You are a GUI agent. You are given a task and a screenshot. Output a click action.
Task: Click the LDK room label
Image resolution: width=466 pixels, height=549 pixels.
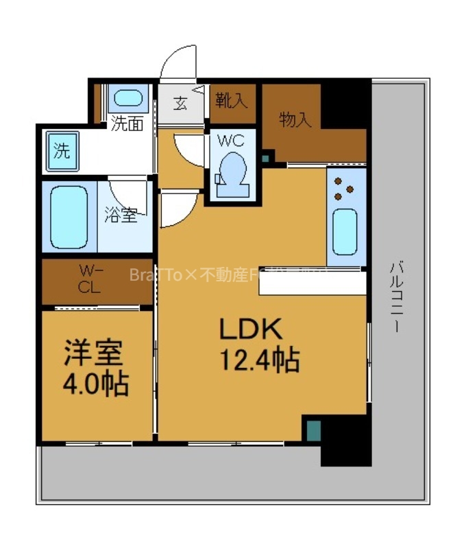tap(251, 330)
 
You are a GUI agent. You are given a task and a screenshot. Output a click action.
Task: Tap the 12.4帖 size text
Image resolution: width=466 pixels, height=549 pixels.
tap(259, 358)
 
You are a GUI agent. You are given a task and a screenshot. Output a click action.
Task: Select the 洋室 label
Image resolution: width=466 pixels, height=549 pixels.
tap(93, 354)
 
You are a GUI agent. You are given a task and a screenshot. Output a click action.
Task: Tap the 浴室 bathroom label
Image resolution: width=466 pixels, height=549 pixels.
tap(121, 215)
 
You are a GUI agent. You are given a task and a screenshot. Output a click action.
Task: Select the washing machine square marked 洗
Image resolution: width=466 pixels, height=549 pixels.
tap(62, 151)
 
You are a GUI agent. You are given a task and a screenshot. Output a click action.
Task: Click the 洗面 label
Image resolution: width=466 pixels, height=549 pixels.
tap(127, 124)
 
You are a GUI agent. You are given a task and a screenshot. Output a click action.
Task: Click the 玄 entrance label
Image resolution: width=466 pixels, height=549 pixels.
tap(180, 104)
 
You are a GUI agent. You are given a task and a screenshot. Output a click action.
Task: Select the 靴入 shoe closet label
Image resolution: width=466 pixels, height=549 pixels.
tap(231, 102)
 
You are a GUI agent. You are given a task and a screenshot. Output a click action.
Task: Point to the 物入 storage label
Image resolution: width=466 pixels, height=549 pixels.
tap(296, 119)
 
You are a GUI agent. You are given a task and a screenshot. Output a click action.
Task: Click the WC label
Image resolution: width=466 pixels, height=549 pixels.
tap(231, 141)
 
